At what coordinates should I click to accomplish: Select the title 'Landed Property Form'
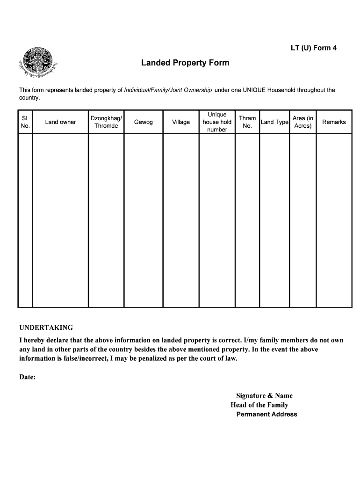(x=185, y=63)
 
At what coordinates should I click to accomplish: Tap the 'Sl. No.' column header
(x=25, y=122)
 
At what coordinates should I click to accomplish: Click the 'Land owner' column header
(x=60, y=122)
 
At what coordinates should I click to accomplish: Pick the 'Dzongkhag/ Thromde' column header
(x=106, y=122)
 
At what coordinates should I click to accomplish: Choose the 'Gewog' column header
(x=143, y=122)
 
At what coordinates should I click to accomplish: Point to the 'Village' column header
(x=181, y=122)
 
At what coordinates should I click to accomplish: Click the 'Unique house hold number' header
(x=217, y=122)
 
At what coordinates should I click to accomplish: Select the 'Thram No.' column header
(x=247, y=122)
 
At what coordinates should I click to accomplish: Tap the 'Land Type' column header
(x=274, y=122)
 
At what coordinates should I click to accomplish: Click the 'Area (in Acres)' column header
(x=303, y=122)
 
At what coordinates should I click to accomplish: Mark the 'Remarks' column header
(x=334, y=122)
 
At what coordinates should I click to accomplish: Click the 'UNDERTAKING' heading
(x=46, y=327)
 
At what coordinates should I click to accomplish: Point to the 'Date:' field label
(x=28, y=377)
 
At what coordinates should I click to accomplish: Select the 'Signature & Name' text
(x=264, y=396)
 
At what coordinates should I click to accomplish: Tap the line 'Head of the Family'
(x=259, y=405)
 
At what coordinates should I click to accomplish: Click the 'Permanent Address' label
(x=266, y=414)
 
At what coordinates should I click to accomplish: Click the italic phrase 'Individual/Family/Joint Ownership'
(x=168, y=90)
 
